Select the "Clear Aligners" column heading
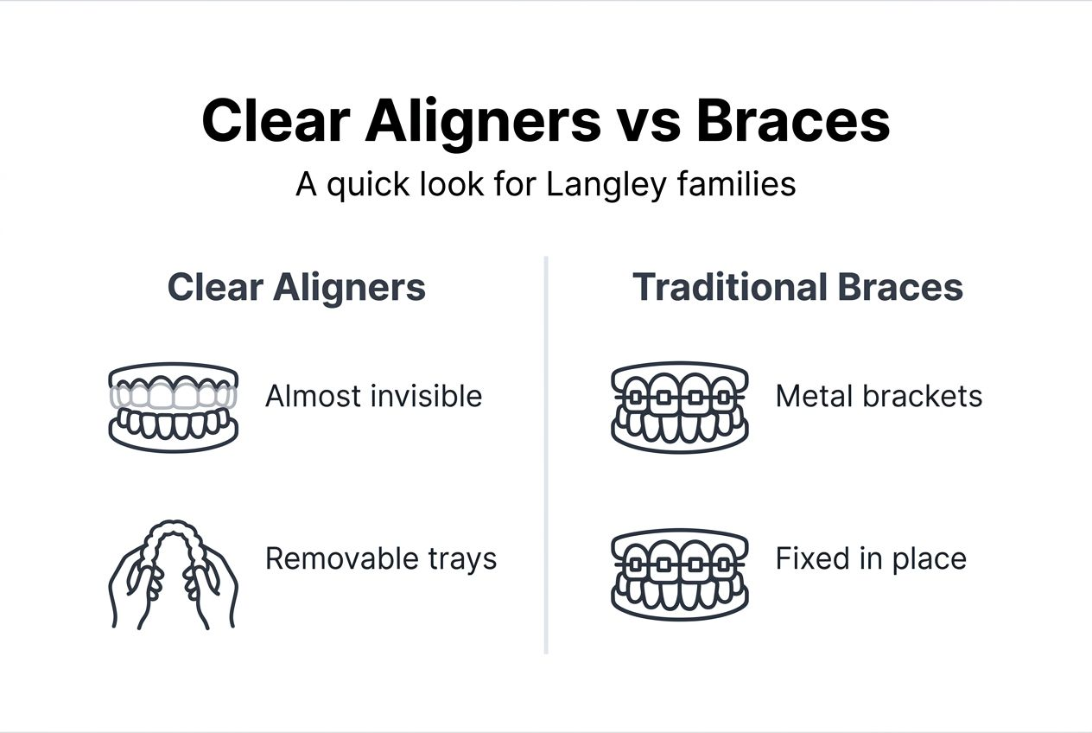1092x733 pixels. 296,288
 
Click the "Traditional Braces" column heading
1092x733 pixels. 797,288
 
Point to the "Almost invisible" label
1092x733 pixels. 373,397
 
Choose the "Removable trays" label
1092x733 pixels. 381,558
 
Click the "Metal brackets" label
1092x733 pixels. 879,397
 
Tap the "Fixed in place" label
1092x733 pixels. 871,558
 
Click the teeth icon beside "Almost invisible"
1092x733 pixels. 173,407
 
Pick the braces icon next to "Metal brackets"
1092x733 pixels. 679,407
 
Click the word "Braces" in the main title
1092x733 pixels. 793,121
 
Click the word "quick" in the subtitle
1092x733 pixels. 366,184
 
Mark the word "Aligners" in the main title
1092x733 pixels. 483,121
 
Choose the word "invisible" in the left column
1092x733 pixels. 426,397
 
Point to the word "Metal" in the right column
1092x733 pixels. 810,397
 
